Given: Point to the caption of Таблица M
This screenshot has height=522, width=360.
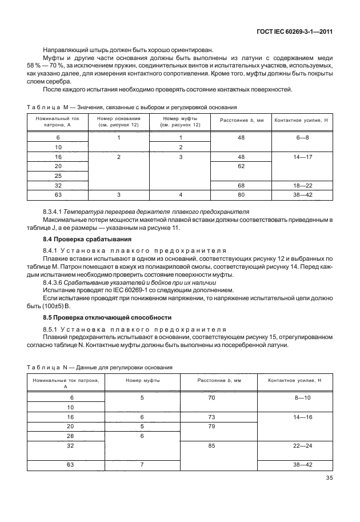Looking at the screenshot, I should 131,107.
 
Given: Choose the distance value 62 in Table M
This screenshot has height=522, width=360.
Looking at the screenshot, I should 241,165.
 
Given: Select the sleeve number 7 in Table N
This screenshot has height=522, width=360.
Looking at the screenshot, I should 141,465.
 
